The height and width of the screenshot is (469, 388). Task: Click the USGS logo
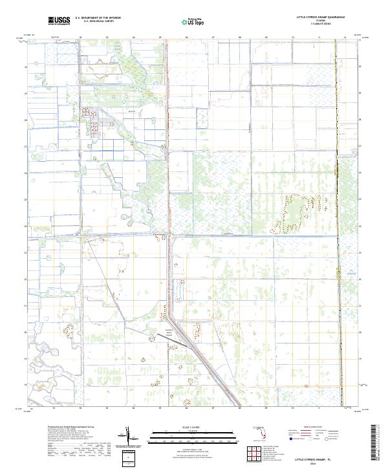point(59,21)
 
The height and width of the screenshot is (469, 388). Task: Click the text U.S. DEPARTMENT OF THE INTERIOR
point(98,17)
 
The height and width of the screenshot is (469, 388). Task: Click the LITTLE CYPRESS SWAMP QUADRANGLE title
point(320,17)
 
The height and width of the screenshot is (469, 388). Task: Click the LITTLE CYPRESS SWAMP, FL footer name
point(316,457)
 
